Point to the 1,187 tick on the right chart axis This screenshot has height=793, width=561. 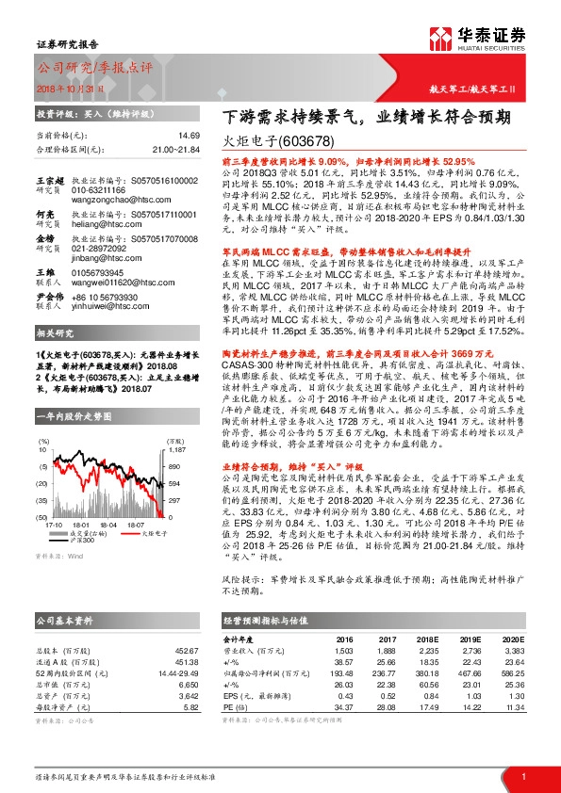point(173,423)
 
